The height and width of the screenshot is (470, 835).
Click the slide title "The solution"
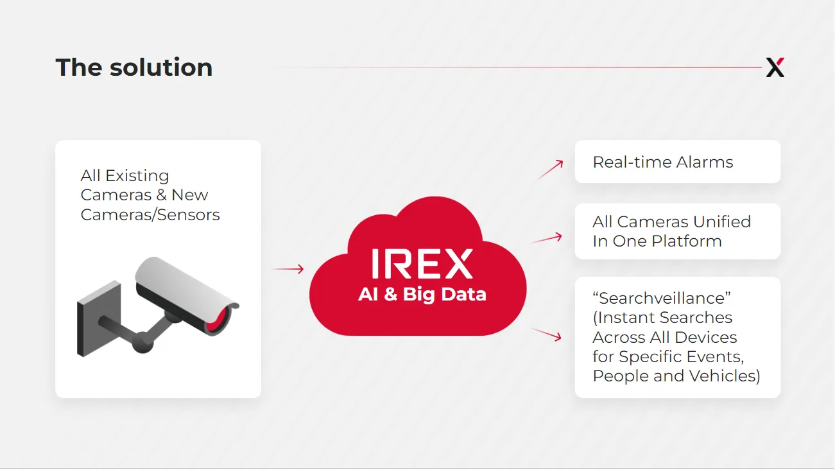click(x=134, y=67)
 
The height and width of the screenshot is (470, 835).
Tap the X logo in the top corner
click(x=775, y=67)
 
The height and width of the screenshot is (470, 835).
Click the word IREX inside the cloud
click(x=422, y=264)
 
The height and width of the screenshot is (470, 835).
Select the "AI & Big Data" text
click(x=422, y=294)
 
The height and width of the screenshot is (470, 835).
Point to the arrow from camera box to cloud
click(x=288, y=268)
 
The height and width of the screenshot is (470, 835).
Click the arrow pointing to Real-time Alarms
click(x=551, y=170)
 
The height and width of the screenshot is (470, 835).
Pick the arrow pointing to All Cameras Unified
click(x=546, y=238)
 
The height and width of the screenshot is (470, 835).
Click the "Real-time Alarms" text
click(x=663, y=162)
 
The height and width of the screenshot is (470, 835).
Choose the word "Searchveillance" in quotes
click(x=662, y=298)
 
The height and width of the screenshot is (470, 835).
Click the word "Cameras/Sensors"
click(x=150, y=215)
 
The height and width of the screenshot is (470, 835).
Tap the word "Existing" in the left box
click(x=137, y=176)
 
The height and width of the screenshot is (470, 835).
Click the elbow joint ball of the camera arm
click(x=142, y=342)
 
